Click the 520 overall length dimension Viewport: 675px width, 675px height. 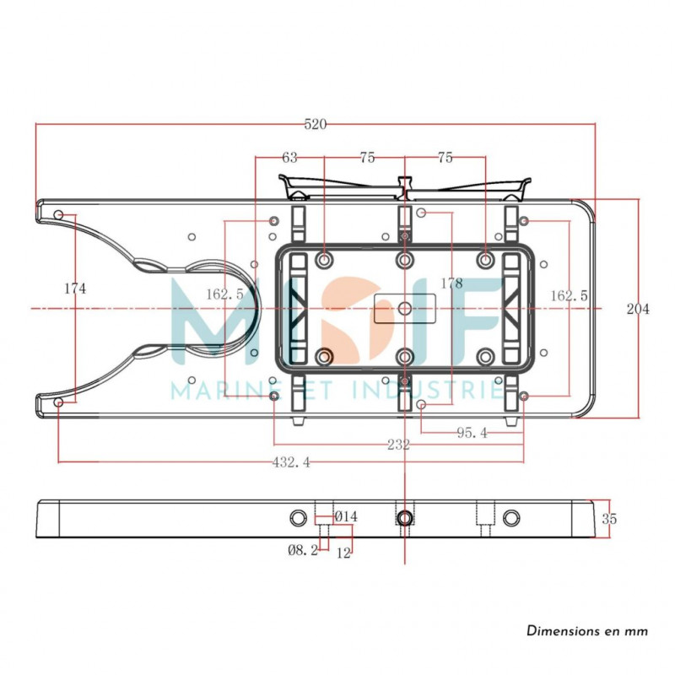coord(316,124)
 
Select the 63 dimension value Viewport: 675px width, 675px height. coord(289,158)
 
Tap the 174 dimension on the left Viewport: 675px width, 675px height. coord(75,288)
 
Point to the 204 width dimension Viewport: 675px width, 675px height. coord(638,309)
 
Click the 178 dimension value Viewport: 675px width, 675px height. coord(452,283)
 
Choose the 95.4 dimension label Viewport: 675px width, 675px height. coord(472,432)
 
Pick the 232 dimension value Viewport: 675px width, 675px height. coord(398,445)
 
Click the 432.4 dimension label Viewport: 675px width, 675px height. coord(291,462)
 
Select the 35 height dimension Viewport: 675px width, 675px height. coord(609,519)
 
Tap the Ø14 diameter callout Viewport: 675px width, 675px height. coord(346,516)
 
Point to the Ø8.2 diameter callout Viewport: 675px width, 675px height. coord(303,550)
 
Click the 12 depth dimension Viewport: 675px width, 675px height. coord(343,553)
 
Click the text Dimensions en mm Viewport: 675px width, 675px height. coord(587,631)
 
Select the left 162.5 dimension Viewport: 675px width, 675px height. coord(224,294)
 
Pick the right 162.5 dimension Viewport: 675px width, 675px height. coord(569,296)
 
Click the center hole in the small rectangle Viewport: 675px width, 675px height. coord(405,308)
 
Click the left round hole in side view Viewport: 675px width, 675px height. coord(299,517)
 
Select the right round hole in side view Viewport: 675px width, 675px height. coord(511,517)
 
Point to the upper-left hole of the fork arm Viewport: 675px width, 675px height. coord(58,214)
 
